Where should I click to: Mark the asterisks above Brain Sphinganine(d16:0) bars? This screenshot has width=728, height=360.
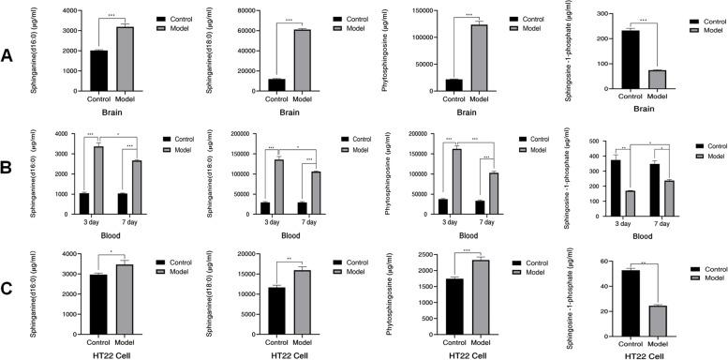click(x=111, y=16)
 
